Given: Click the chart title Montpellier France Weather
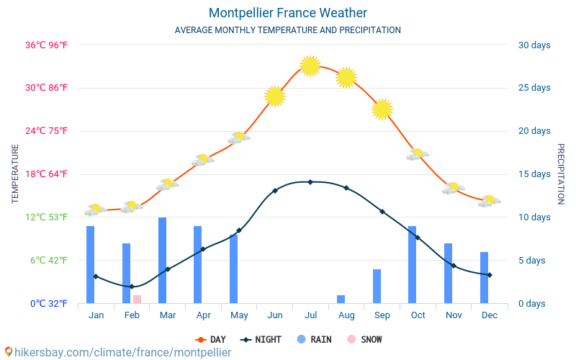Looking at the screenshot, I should coord(288,13).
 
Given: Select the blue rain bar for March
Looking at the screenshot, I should coord(162,260).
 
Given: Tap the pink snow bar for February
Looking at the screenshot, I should coord(137,299).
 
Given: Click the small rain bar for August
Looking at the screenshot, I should coord(341,299).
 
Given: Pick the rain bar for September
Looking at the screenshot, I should coord(377,286).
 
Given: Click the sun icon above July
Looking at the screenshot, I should coord(310,66).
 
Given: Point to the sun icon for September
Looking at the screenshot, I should coord(382,109).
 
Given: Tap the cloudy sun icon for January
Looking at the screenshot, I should coord(94,210).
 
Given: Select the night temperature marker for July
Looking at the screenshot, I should coord(310,182).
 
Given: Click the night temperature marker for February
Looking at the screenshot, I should coord(132,287).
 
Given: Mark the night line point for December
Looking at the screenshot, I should coord(490,275).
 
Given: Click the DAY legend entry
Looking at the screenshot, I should coord(210,339).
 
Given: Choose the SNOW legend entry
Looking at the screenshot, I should coord(365,339).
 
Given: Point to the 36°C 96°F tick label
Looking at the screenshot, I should coord(47,45).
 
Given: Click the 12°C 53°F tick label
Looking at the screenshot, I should coord(47,217).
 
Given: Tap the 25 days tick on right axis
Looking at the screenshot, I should coord(534,88).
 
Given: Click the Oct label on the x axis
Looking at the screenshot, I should coord(418,315).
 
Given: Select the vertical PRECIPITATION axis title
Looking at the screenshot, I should coord(560,174).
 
